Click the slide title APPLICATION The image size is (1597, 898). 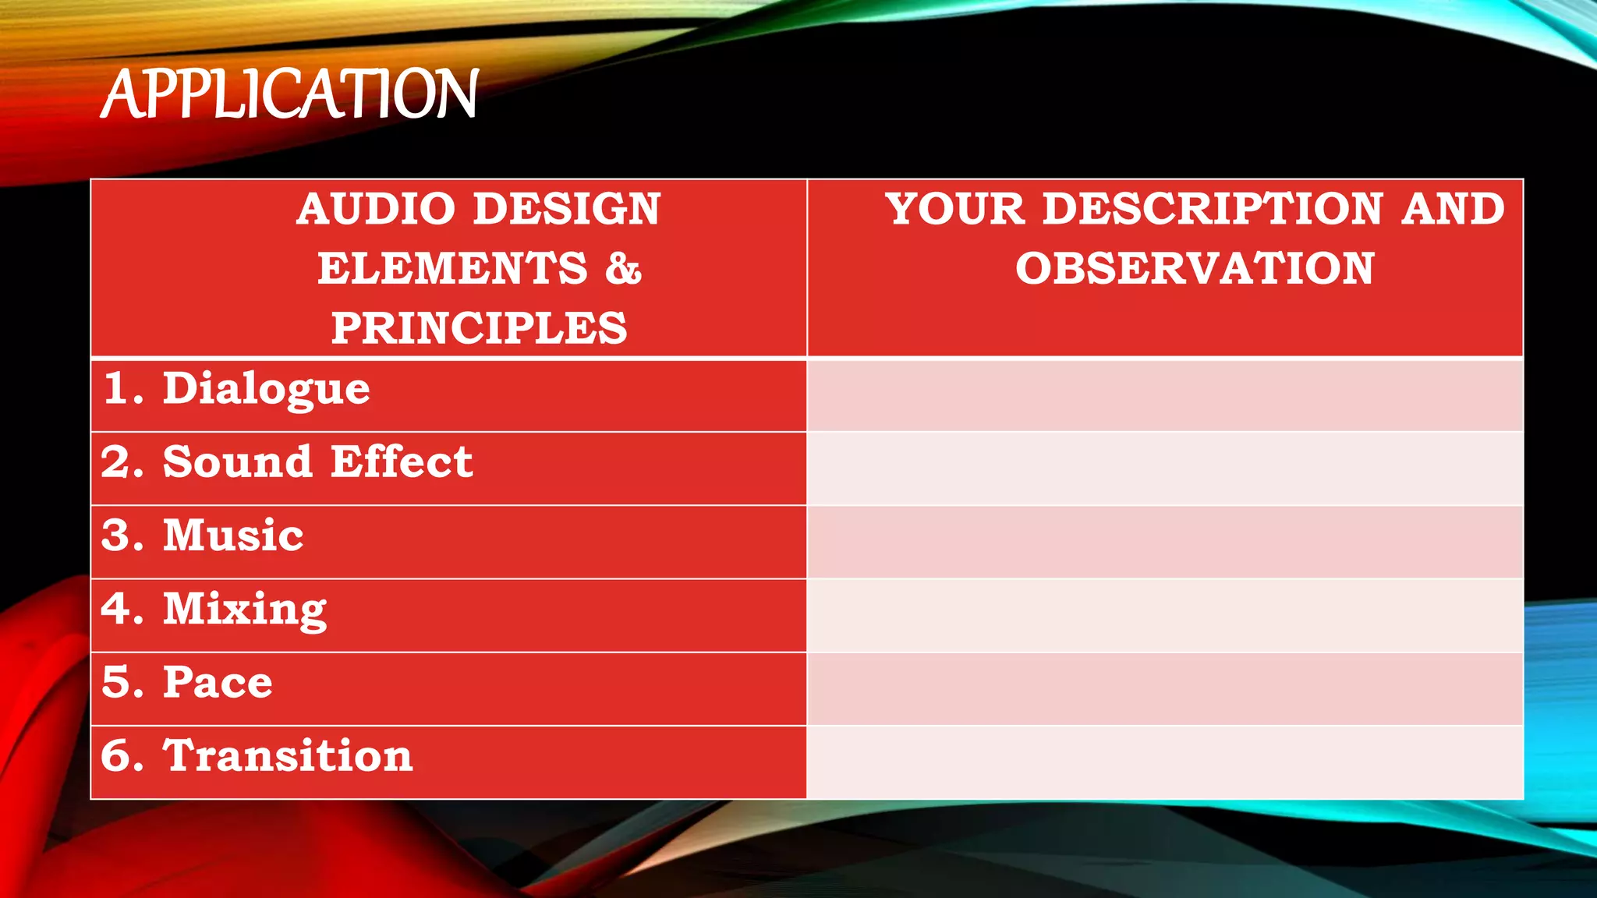click(x=289, y=94)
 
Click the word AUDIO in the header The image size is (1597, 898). click(x=375, y=209)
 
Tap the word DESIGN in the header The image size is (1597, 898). click(x=567, y=209)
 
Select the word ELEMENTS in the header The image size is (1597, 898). click(x=452, y=269)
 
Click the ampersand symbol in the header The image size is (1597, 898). click(x=623, y=269)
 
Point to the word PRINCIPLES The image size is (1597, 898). click(x=479, y=328)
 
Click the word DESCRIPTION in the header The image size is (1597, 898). click(x=1213, y=209)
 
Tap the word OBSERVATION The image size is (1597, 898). click(x=1194, y=269)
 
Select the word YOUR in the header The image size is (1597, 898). click(x=955, y=209)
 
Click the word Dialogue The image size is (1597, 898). click(x=266, y=389)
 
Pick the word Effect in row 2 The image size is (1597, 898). click(x=401, y=461)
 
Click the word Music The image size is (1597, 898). click(x=233, y=536)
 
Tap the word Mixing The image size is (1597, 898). click(x=245, y=609)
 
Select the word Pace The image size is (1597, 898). click(x=218, y=682)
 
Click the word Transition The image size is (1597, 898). click(x=288, y=755)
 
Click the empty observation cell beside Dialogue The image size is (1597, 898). click(x=1165, y=395)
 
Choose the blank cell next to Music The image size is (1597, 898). click(x=1165, y=542)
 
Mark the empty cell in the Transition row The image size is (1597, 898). click(x=1165, y=762)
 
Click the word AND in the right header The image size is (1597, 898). click(x=1453, y=209)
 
